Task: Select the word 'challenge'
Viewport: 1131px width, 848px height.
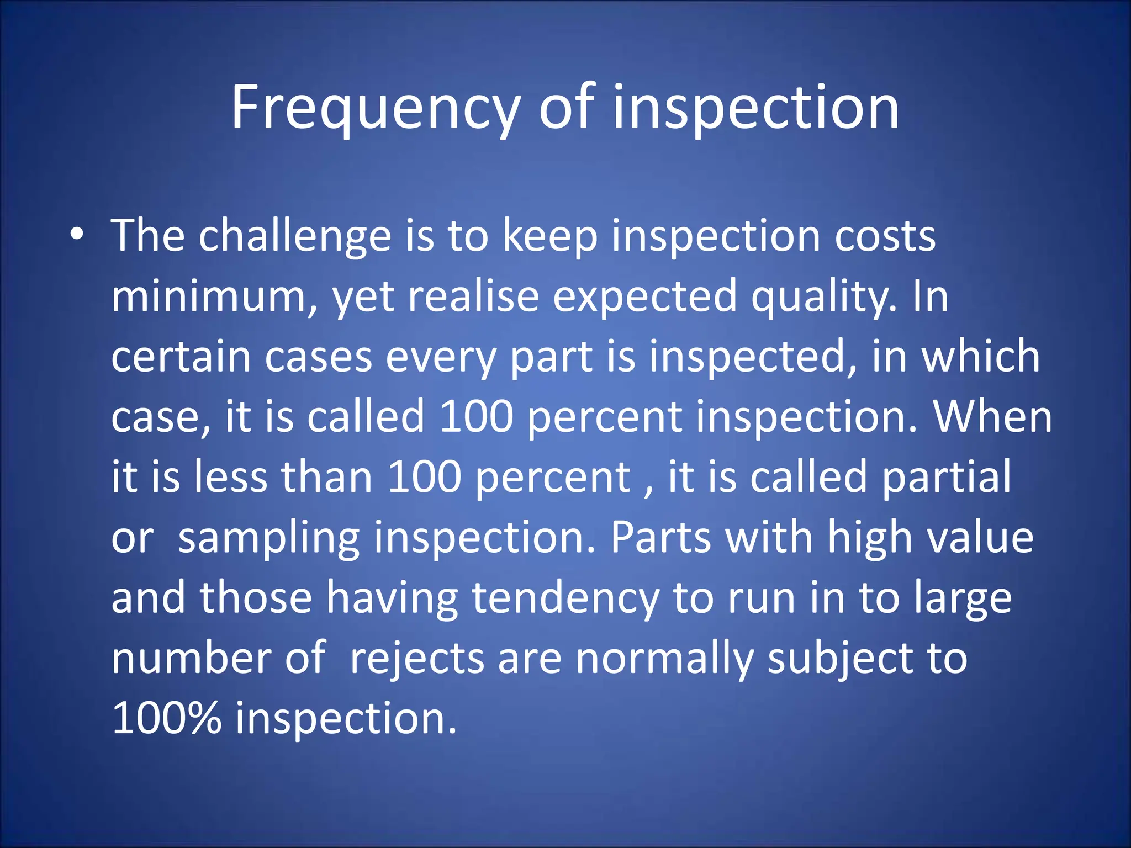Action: tap(295, 236)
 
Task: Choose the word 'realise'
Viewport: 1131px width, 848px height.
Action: tap(473, 296)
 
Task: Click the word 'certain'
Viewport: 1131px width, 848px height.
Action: tap(181, 357)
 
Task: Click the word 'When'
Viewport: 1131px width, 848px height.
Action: tap(992, 417)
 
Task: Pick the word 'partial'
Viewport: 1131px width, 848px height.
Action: tap(946, 478)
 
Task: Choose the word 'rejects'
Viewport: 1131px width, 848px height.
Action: tap(417, 659)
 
